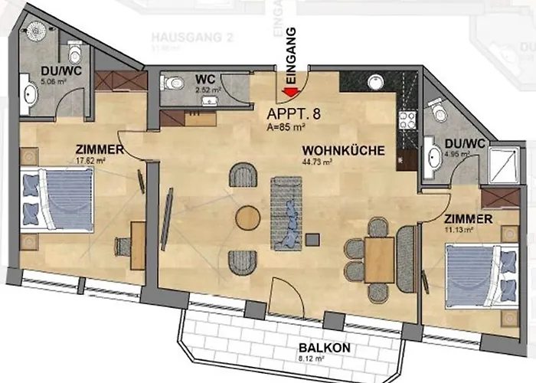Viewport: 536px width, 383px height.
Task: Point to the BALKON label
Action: [325, 347]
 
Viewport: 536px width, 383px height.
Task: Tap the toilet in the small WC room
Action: [174, 83]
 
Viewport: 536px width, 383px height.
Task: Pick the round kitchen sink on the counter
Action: [375, 83]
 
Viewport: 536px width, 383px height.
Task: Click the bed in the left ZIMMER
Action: [57, 199]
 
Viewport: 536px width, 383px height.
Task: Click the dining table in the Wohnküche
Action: [379, 260]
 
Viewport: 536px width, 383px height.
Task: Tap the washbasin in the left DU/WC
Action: [30, 94]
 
